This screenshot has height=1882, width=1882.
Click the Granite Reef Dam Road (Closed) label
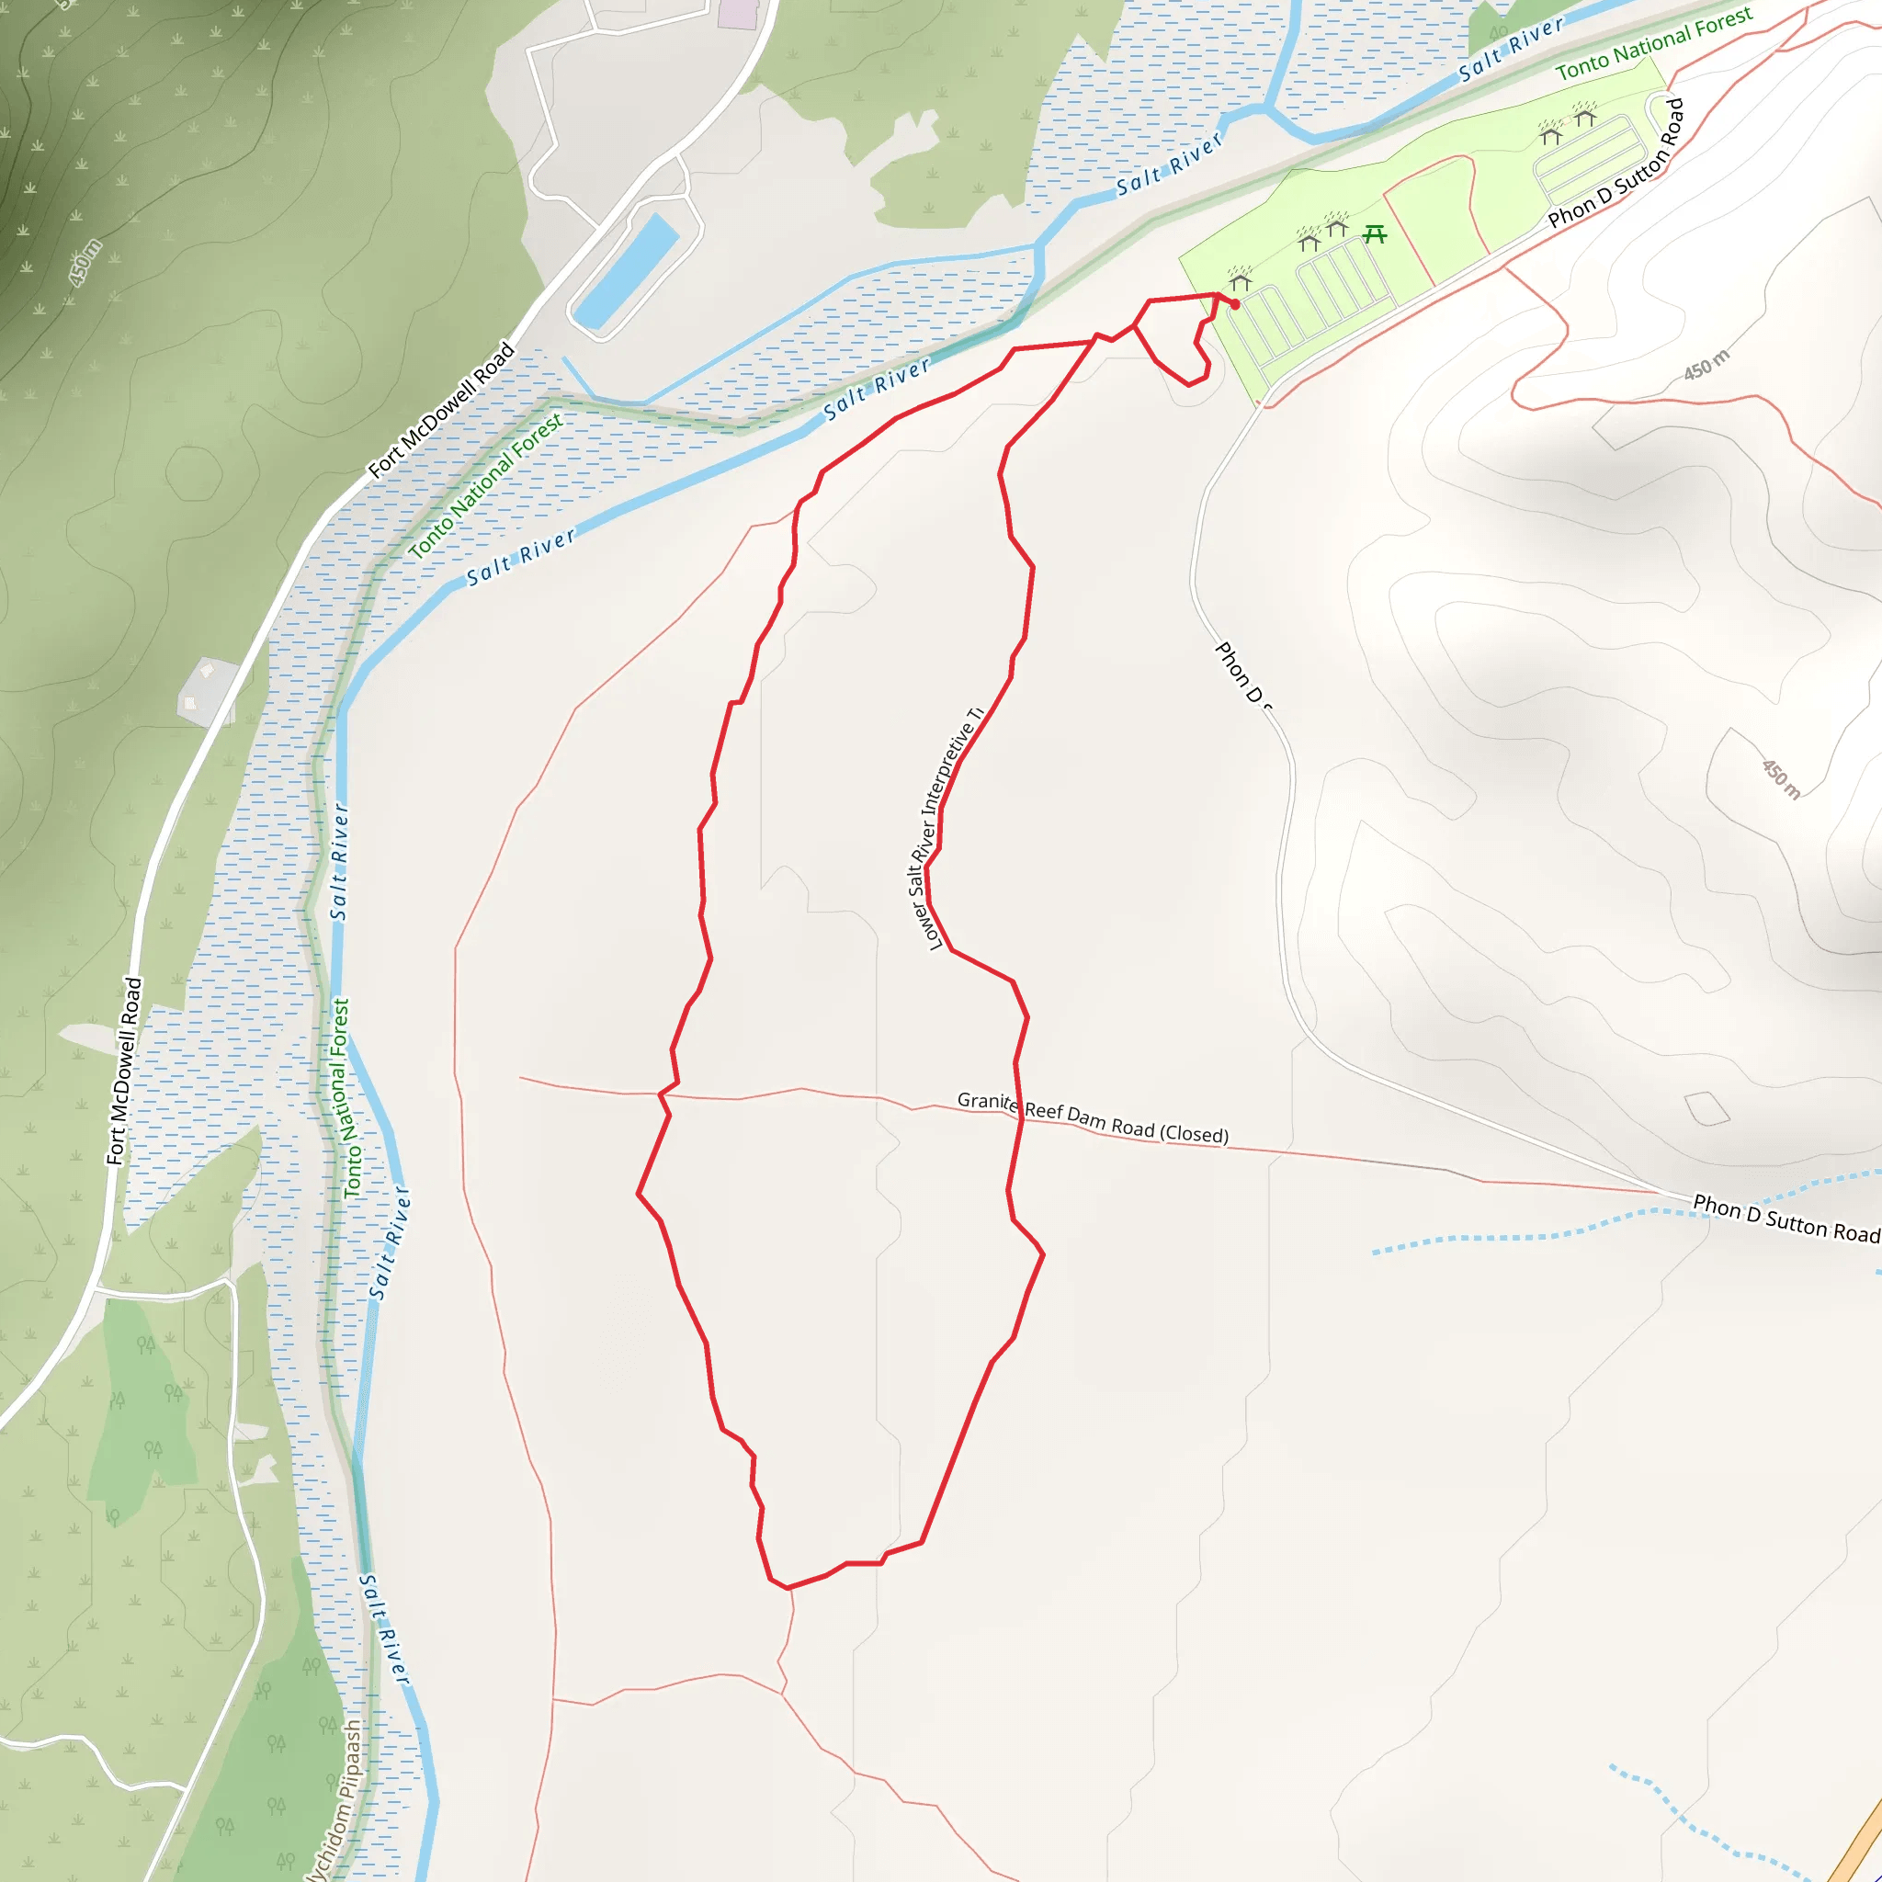tap(1092, 1117)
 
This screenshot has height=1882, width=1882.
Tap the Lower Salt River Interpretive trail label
tap(947, 829)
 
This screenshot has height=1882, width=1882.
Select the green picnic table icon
tap(1375, 233)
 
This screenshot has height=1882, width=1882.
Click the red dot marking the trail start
tap(1235, 305)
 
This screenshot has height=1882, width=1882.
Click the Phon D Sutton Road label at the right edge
tap(1786, 1218)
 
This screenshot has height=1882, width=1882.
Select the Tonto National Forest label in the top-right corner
tap(1653, 43)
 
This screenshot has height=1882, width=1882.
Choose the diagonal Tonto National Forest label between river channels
tap(485, 485)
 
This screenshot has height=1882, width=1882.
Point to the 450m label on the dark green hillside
tap(85, 263)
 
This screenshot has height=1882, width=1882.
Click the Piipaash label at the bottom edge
tap(336, 1802)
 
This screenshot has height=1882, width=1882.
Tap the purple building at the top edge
tap(737, 13)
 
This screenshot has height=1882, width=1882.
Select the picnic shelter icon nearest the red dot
tap(1240, 281)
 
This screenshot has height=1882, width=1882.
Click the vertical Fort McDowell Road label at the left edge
tap(124, 1071)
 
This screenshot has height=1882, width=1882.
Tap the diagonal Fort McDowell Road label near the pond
tap(441, 409)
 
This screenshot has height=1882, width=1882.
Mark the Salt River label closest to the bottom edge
tap(385, 1628)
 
